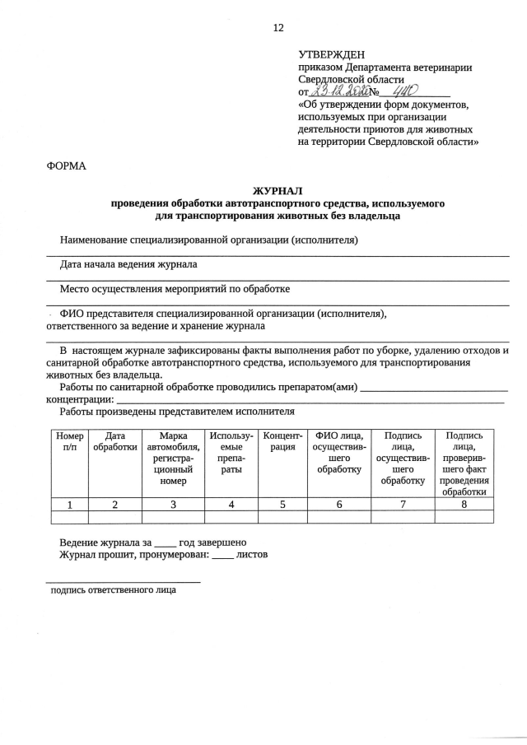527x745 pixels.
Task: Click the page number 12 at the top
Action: [x=277, y=27]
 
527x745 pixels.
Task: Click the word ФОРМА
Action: [x=66, y=165]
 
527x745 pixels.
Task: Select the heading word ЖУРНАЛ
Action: [x=277, y=190]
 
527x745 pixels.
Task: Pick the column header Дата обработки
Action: [x=114, y=440]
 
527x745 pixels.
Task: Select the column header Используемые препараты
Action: [x=231, y=452]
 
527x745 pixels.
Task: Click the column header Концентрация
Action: [x=282, y=440]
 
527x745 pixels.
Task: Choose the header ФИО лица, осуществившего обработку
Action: [x=338, y=452]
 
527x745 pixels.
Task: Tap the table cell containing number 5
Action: [x=282, y=505]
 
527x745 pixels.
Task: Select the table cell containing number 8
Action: [x=464, y=505]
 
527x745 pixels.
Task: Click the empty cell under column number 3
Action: [x=174, y=517]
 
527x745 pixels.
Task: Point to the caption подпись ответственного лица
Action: [x=113, y=590]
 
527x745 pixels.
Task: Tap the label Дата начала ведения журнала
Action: [x=128, y=265]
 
